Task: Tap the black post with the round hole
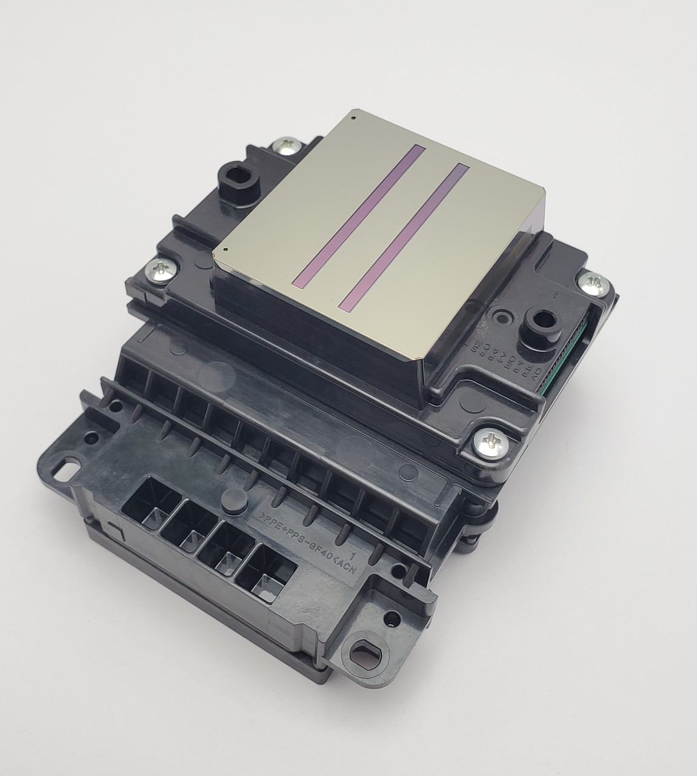541,319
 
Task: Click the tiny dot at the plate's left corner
225,249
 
